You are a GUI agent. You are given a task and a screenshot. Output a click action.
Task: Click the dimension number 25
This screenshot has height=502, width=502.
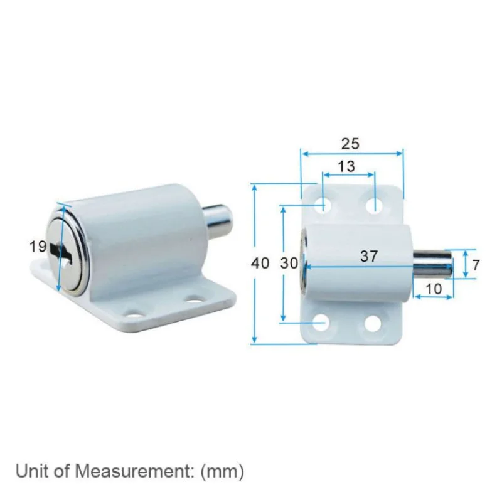350,144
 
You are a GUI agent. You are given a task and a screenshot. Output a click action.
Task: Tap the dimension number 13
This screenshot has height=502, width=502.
346,166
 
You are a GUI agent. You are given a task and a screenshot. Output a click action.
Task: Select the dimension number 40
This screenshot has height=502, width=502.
260,263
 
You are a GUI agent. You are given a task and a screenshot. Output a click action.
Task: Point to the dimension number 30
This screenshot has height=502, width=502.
289,263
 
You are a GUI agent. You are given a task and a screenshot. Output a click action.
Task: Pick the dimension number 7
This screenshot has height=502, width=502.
476,265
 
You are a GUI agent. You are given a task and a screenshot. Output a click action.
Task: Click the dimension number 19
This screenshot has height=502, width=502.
38,247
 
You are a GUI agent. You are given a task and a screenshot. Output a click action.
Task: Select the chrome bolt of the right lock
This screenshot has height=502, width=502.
433,264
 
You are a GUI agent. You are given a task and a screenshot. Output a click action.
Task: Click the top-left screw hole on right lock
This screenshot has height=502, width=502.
324,205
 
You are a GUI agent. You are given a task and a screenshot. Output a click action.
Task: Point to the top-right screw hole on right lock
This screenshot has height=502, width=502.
373,205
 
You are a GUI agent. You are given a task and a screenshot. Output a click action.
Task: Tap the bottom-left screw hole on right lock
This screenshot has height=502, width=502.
321,323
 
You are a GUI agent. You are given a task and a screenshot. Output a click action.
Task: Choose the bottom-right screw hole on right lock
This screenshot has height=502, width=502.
373,323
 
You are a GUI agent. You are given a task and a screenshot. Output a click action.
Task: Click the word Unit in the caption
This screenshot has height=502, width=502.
29,471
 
